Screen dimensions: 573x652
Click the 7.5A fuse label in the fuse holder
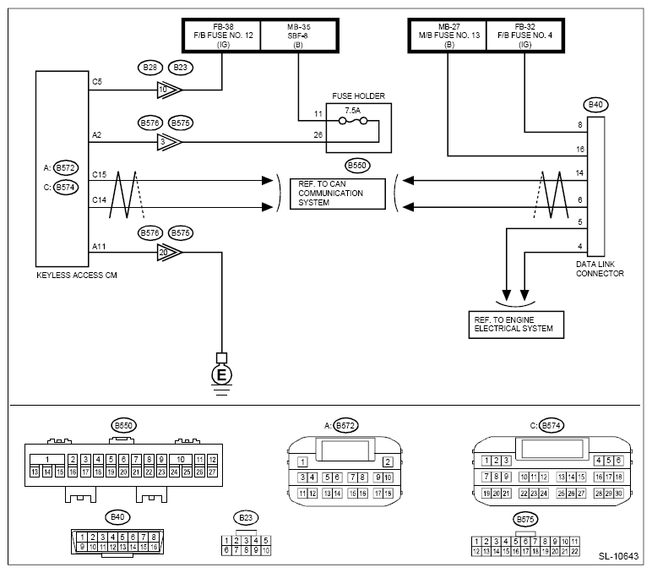coord(351,111)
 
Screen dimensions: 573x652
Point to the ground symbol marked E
coord(222,374)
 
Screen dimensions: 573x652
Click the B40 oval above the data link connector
coord(595,106)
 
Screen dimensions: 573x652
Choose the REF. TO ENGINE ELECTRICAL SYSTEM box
coord(517,324)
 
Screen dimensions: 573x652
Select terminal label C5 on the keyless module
coord(96,82)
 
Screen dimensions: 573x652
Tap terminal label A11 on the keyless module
coord(98,245)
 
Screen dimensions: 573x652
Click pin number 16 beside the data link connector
coord(579,149)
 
